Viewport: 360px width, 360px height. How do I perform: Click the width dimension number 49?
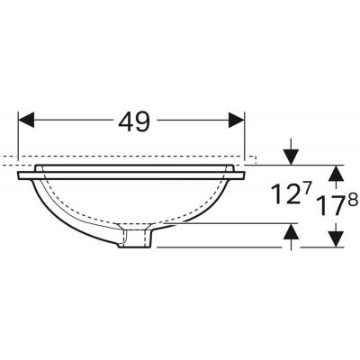[131, 120]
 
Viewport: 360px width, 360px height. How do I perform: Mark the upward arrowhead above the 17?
[334, 171]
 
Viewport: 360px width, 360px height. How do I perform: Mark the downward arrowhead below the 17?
[334, 238]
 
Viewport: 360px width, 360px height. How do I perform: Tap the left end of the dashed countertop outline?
[3, 163]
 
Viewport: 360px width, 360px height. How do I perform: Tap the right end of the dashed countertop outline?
[255, 162]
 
